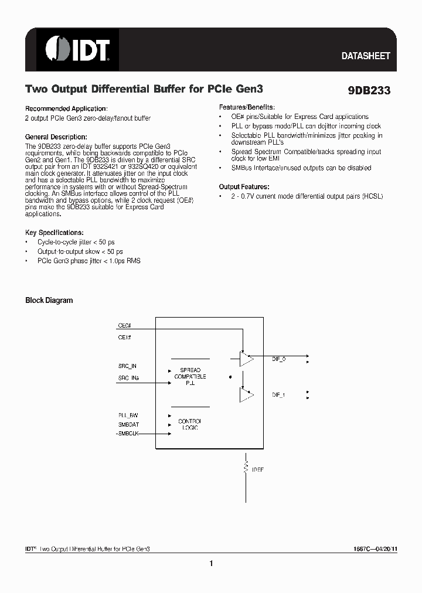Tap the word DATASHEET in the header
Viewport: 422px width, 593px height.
pyautogui.click(x=366, y=56)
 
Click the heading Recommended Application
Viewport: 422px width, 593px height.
pyautogui.click(x=66, y=109)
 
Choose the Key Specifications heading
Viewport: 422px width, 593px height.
pyautogui.click(x=54, y=233)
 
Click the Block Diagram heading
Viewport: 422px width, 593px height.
pyautogui.click(x=49, y=301)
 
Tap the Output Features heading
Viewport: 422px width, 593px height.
pyautogui.click(x=244, y=186)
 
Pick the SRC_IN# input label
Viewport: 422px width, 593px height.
pyautogui.click(x=128, y=378)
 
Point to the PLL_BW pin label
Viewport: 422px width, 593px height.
pyautogui.click(x=128, y=415)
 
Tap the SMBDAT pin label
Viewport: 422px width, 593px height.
pyautogui.click(x=128, y=424)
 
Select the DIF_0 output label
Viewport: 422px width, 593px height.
pyautogui.click(x=279, y=359)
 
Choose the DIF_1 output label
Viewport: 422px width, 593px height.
pyautogui.click(x=279, y=395)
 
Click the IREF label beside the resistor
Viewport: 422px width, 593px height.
pyautogui.click(x=257, y=469)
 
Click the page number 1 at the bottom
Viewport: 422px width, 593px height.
pyautogui.click(x=210, y=564)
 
